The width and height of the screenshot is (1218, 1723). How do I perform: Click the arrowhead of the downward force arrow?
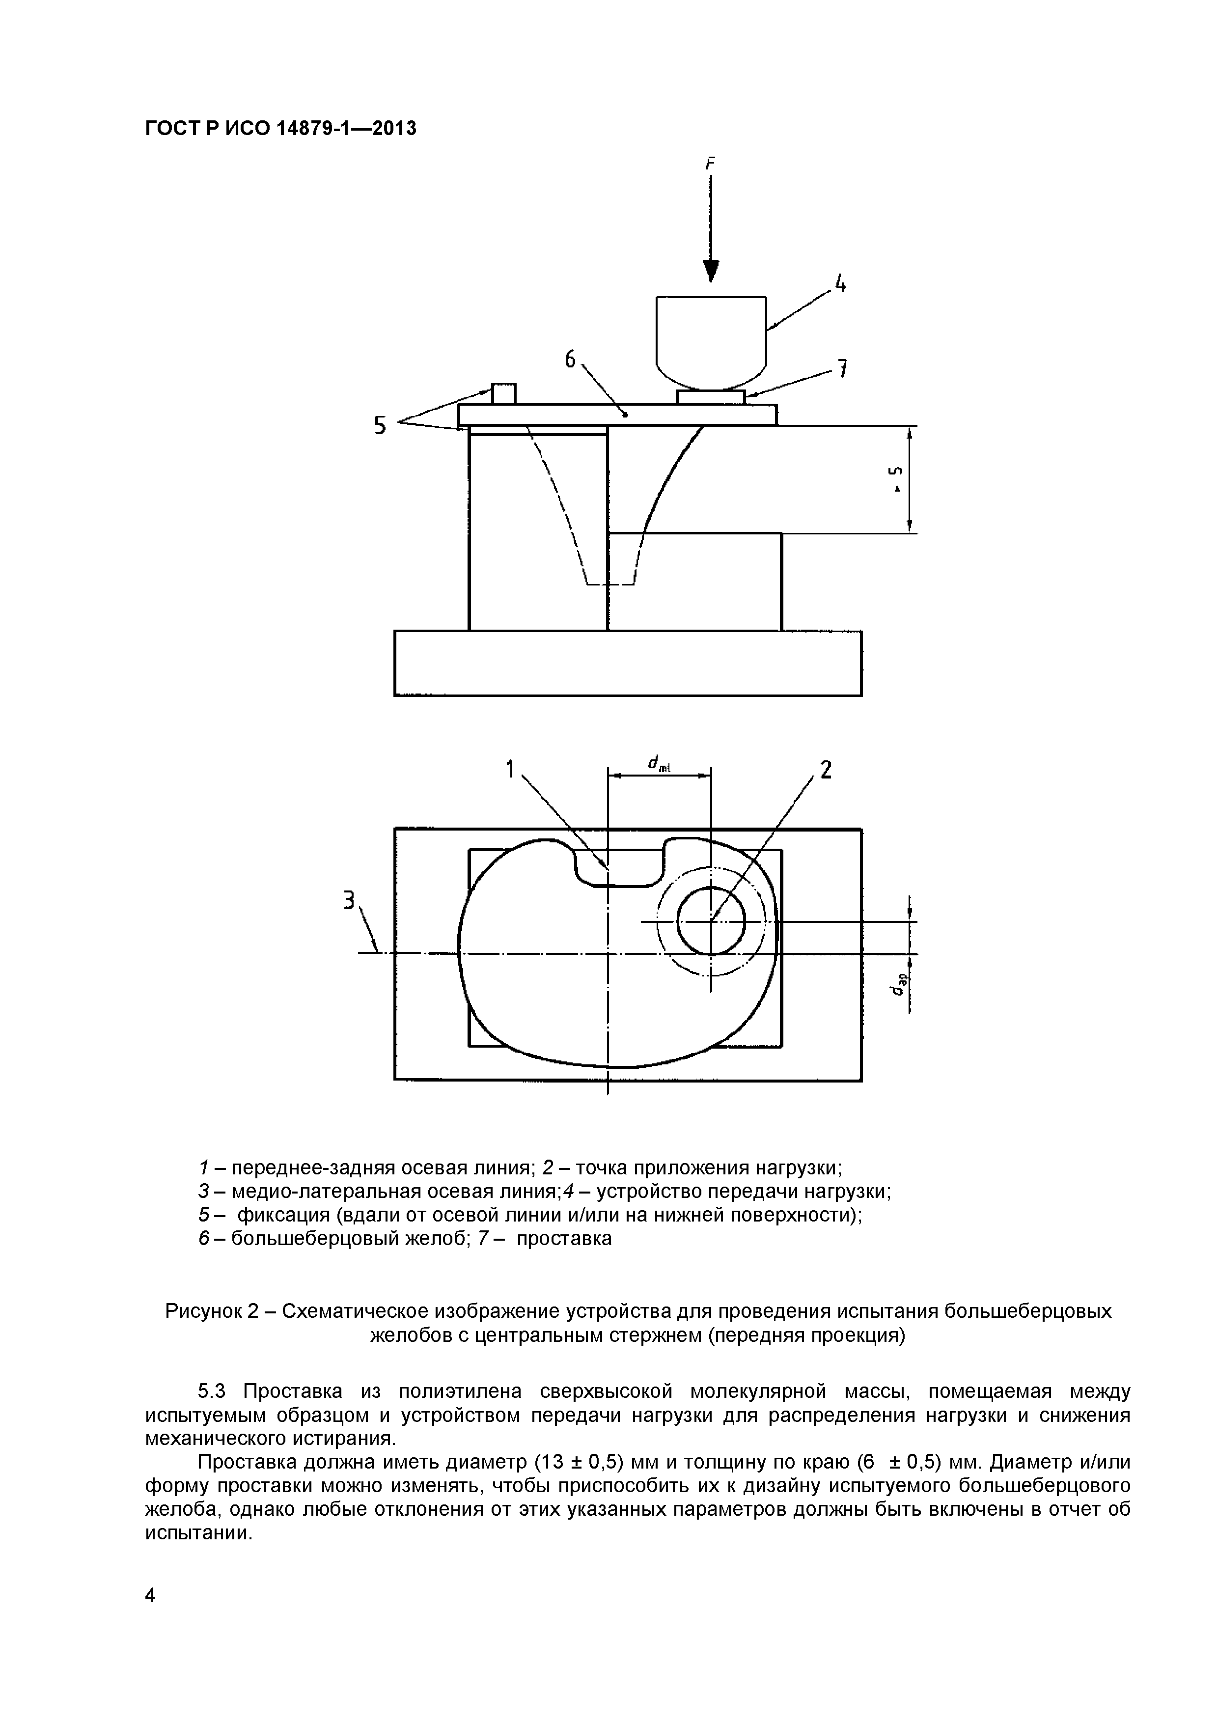[711, 271]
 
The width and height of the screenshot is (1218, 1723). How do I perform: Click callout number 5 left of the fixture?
[381, 425]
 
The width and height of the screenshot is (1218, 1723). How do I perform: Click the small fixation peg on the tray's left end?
[503, 393]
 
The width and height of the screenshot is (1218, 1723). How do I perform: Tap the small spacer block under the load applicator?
[711, 397]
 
